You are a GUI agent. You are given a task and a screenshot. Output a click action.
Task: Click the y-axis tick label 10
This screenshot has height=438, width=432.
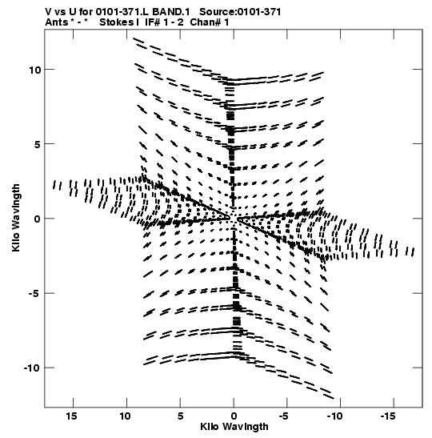(35, 70)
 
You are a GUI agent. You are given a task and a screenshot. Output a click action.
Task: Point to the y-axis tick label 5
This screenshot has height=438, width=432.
(38, 144)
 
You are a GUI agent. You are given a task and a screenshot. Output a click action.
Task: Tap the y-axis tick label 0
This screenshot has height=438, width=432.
(38, 219)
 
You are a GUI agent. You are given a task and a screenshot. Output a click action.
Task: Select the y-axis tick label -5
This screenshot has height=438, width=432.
(34, 293)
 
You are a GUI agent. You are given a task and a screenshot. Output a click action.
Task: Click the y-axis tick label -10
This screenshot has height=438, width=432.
(32, 368)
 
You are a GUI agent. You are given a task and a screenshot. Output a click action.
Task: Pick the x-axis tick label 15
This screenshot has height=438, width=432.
(71, 416)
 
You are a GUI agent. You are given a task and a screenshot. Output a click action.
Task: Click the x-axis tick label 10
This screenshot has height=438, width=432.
(125, 416)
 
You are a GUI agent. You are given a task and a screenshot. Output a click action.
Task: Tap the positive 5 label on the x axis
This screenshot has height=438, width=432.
(180, 416)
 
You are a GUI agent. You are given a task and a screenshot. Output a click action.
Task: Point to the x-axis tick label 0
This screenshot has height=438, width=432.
(234, 416)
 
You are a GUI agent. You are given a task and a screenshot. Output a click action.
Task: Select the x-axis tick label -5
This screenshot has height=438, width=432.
(283, 416)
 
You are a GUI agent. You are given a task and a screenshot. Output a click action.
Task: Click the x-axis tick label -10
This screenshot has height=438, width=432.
(334, 416)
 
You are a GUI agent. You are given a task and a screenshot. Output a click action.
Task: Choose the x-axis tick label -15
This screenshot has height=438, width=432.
(388, 416)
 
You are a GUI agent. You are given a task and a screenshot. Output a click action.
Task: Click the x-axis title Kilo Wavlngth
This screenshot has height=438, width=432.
(234, 427)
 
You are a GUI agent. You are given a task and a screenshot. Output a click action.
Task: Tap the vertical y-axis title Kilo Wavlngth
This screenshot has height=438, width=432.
(16, 218)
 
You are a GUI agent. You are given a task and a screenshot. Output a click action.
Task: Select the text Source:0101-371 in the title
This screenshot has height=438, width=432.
(240, 12)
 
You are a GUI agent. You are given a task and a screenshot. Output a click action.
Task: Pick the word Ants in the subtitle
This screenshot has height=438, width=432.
(56, 22)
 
